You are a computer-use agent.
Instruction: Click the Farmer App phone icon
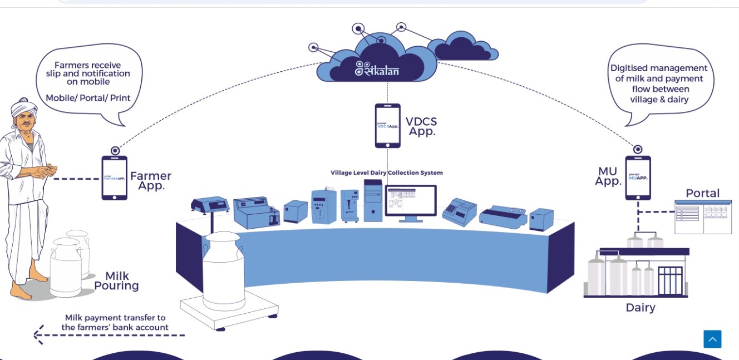tap(114, 177)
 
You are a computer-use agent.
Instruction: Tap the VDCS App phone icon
tap(387, 126)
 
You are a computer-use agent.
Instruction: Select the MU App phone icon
tap(638, 177)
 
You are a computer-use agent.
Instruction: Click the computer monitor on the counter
tap(411, 201)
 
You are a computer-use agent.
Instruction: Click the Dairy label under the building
tap(641, 308)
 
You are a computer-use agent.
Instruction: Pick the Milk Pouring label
tap(116, 281)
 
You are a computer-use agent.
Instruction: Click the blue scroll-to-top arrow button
tap(712, 339)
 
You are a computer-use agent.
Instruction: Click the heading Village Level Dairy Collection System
tap(387, 172)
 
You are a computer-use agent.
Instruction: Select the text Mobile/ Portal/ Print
tap(88, 98)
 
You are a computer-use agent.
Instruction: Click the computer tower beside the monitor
tap(373, 200)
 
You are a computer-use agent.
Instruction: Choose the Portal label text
tap(702, 193)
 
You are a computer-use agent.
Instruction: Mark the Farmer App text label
tap(150, 181)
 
